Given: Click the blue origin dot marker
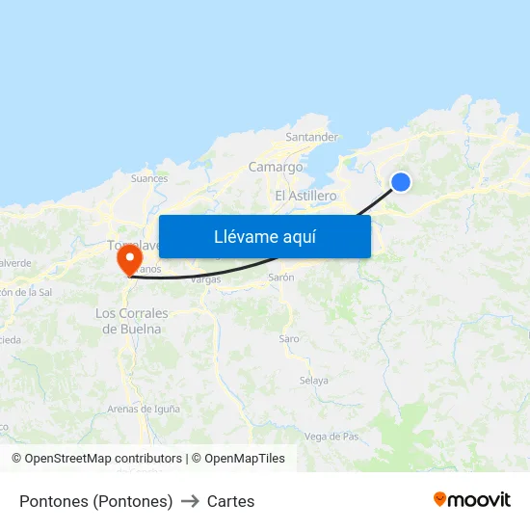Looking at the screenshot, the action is [401, 182].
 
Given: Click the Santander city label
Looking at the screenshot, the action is [311, 137].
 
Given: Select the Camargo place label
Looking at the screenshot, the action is [276, 167].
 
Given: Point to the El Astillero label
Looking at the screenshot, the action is [305, 196].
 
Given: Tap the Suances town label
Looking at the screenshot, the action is [149, 178].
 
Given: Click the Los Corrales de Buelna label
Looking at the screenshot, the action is [132, 321].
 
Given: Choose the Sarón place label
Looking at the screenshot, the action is [280, 277].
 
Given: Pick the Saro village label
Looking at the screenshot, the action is [289, 339].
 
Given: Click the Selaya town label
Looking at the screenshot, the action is [314, 381].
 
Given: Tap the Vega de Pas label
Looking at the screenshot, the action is [331, 437].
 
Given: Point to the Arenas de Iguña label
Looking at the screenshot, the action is [144, 409].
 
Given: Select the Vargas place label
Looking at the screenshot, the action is [206, 279].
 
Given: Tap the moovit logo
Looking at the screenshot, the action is [472, 500].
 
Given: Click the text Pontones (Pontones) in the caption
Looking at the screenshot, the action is [95, 501].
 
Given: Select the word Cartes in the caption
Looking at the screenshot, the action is [231, 501].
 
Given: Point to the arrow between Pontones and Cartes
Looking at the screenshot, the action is [190, 501].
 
